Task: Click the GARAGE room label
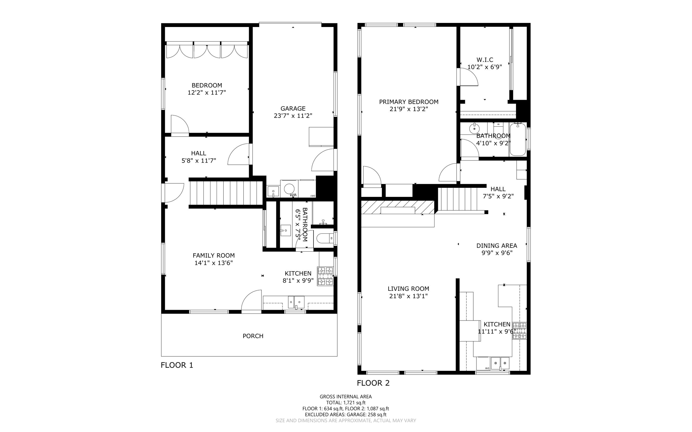293,108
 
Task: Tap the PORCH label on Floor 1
253,336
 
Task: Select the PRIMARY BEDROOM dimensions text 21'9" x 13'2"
409,109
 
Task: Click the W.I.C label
485,60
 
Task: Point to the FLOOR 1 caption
177,365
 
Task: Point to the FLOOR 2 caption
373,383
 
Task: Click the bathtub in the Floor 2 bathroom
518,139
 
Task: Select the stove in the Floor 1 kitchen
325,276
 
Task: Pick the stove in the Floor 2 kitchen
519,331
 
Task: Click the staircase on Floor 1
226,193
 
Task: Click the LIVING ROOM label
408,289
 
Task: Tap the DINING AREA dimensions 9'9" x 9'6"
497,253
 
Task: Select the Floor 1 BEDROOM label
207,85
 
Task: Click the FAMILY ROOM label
214,256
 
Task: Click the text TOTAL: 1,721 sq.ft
346,403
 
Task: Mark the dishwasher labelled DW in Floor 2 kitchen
484,364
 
